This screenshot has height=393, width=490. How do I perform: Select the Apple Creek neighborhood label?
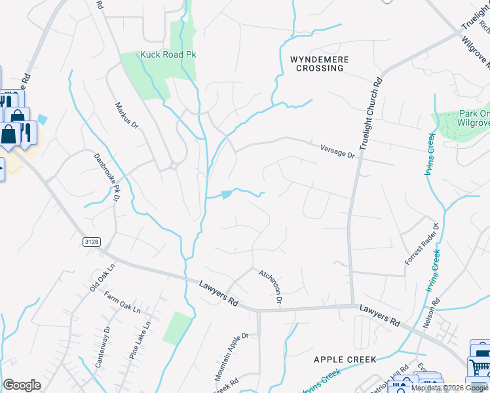[345, 360]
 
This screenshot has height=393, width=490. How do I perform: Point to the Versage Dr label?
[337, 151]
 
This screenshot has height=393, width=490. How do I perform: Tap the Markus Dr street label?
[127, 115]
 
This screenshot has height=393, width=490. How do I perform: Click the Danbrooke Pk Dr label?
[107, 176]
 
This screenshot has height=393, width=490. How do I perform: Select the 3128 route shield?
[92, 242]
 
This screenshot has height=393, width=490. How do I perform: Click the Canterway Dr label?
[100, 346]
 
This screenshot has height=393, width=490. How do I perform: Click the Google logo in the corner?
[22, 386]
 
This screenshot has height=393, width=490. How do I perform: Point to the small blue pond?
[227, 194]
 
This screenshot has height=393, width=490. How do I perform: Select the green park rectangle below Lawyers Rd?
[178, 327]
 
